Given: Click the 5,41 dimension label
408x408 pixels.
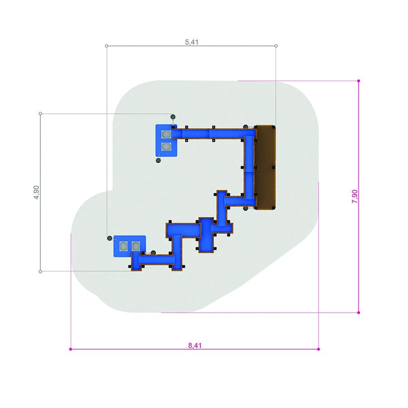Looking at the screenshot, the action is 192,42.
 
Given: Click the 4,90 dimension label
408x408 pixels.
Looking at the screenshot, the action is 36,192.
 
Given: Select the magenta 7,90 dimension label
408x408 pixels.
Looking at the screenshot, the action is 354,196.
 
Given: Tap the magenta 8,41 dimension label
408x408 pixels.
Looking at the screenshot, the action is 195,345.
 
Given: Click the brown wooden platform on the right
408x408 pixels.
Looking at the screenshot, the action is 265,167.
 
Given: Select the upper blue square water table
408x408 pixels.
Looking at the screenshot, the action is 166,141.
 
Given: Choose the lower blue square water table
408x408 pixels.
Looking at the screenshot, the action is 130,246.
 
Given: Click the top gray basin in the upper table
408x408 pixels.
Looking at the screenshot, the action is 166,134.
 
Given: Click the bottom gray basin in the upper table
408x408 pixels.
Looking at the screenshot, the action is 166,146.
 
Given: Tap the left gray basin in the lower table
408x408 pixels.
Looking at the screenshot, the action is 123,246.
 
